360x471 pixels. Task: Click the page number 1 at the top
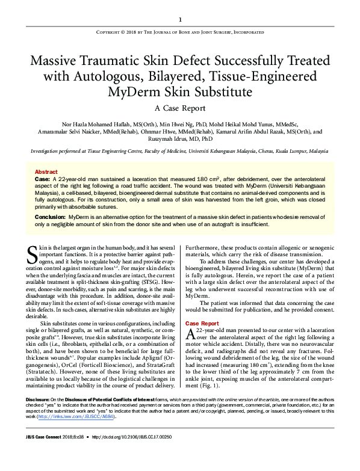(180, 19)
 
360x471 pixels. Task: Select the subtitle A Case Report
(179, 108)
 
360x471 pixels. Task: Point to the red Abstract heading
(46, 171)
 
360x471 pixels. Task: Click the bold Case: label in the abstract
(42, 179)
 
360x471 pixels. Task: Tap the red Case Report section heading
(202, 323)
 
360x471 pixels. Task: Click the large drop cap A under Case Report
(191, 335)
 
